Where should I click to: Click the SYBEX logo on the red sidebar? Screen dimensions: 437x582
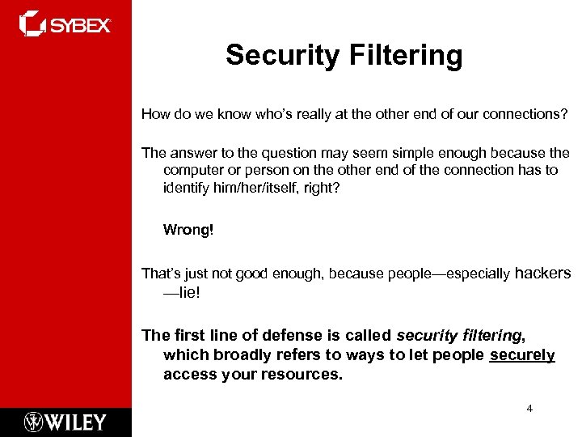[x=65, y=24]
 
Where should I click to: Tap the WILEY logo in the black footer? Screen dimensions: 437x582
[x=65, y=422]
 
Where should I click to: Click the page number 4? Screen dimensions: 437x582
[x=529, y=409]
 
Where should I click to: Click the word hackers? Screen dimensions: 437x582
[x=542, y=274]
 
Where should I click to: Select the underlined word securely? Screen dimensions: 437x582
[x=522, y=355]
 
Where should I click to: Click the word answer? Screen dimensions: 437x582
[x=189, y=153]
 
